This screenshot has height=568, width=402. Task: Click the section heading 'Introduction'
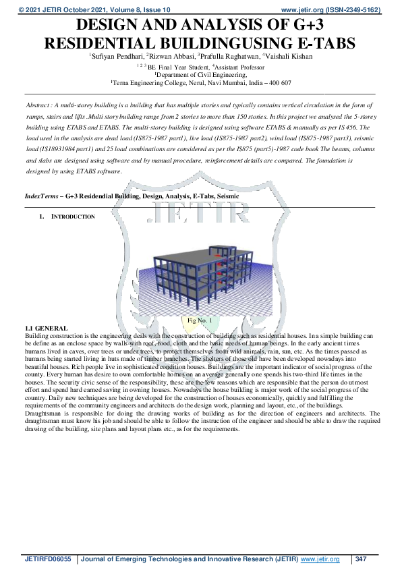(73, 217)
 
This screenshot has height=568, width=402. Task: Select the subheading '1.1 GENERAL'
(45, 327)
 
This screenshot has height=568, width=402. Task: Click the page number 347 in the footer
(362, 559)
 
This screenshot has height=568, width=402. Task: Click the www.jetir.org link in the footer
(320, 559)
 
